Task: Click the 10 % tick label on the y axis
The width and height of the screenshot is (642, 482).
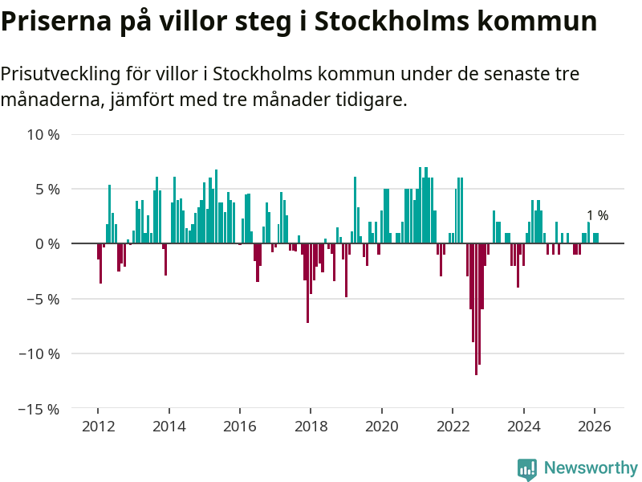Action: point(43,134)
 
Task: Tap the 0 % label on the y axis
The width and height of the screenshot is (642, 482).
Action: point(47,243)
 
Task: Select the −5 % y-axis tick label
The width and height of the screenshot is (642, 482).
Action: point(43,299)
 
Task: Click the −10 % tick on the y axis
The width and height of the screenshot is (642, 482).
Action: point(40,353)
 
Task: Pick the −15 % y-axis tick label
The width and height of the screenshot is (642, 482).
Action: point(40,408)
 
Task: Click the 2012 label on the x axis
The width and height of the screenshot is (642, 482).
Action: point(98,427)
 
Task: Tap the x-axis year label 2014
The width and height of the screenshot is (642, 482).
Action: point(169,427)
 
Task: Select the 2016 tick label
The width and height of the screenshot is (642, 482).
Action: point(239,427)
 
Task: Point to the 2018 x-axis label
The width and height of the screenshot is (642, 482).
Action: point(311,427)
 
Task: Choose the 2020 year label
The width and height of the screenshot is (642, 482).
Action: point(381,427)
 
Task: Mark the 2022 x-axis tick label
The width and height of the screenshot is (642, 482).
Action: point(453,427)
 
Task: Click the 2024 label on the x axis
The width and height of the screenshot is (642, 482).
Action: point(523,427)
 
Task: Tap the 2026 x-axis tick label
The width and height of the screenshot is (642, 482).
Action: point(594,427)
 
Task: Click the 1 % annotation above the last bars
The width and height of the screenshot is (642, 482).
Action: point(597,215)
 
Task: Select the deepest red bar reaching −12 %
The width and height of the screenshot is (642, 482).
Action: point(476,309)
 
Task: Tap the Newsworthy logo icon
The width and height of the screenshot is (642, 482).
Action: point(527,469)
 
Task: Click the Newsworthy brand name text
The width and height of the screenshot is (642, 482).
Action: point(591,468)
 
